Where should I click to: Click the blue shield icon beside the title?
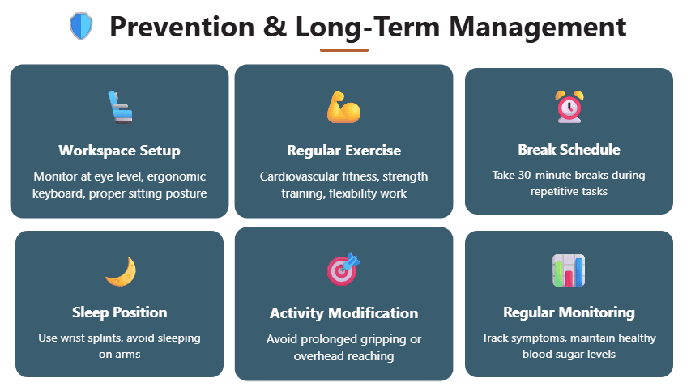point(81,27)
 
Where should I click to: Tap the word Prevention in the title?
point(182,27)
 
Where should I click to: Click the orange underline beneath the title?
point(344,50)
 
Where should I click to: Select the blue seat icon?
point(120,107)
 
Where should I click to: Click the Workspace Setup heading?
point(119,150)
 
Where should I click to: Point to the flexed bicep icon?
point(343,107)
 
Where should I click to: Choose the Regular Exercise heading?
point(343,150)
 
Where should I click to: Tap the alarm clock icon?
point(569,107)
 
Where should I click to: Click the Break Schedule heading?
point(569,149)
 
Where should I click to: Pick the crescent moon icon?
point(121,272)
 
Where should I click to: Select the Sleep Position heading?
point(119,312)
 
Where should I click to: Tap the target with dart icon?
point(343,269)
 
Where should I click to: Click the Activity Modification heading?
point(343,313)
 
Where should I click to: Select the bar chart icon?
point(569,270)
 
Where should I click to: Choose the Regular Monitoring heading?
point(569,312)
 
